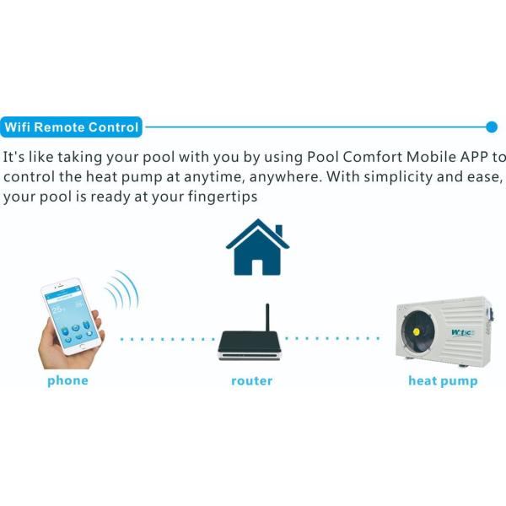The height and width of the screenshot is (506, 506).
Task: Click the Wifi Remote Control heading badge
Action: [71, 127]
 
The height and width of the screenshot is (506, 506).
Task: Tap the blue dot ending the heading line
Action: [492, 127]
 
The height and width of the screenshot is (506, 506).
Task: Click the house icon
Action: [257, 247]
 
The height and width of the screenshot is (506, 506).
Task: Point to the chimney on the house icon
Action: [279, 230]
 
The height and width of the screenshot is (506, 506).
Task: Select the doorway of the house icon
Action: [257, 267]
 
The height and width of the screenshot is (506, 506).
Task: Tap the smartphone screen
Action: [72, 318]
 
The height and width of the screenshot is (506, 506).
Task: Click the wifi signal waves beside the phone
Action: [122, 289]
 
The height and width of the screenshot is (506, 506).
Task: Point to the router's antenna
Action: [267, 318]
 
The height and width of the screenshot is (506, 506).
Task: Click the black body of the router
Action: [250, 342]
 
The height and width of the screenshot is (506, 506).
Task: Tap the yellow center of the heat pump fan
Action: [416, 331]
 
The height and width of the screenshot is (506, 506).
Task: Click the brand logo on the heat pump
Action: [462, 333]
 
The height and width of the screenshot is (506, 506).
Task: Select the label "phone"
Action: [67, 381]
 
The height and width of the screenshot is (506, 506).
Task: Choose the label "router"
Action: [252, 381]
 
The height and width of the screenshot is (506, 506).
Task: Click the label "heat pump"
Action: [443, 381]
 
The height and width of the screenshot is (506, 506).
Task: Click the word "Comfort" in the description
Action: [373, 157]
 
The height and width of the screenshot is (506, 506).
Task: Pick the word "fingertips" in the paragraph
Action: [223, 196]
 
